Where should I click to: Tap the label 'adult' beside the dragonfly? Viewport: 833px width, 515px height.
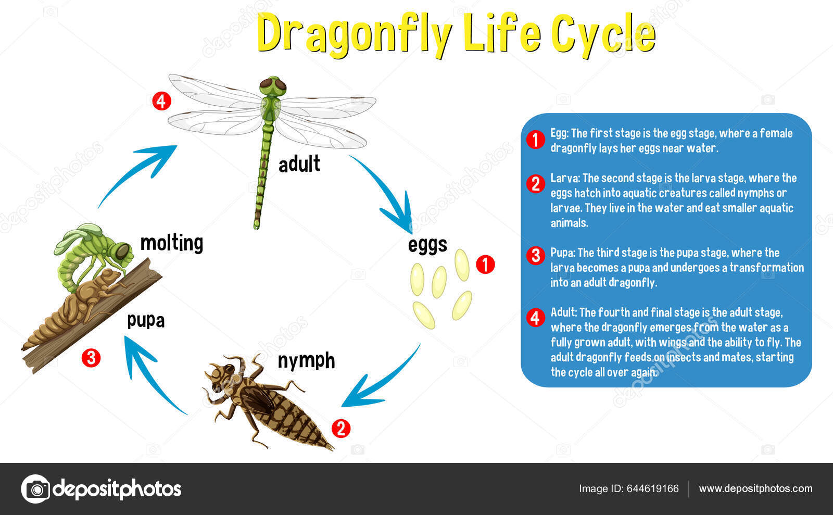pyautogui.click(x=299, y=164)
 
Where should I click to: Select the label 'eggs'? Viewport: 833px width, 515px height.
pyautogui.click(x=427, y=245)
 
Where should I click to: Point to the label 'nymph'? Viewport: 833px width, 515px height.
pyautogui.click(x=306, y=360)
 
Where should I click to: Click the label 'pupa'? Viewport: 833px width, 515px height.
pyautogui.click(x=146, y=320)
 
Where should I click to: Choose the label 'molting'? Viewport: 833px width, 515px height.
pyautogui.click(x=172, y=243)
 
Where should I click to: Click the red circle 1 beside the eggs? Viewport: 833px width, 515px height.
pyautogui.click(x=485, y=265)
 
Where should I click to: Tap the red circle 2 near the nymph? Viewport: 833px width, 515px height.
pyautogui.click(x=341, y=429)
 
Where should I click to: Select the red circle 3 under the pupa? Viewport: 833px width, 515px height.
pyautogui.click(x=91, y=358)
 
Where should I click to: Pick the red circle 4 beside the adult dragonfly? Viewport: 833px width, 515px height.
pyautogui.click(x=161, y=101)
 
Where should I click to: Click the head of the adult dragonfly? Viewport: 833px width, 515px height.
pyautogui.click(x=273, y=85)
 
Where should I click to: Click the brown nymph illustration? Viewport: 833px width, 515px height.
pyautogui.click(x=266, y=401)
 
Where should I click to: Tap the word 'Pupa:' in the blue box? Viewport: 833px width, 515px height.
pyautogui.click(x=562, y=253)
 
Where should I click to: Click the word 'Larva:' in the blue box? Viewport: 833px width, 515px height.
pyautogui.click(x=564, y=178)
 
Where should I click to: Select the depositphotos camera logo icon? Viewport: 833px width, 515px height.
pyautogui.click(x=36, y=489)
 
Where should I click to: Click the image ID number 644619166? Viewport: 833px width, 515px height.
pyautogui.click(x=652, y=488)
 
